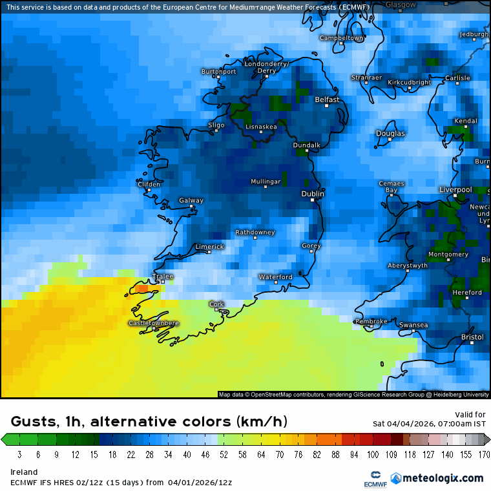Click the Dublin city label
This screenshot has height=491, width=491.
[x=313, y=194]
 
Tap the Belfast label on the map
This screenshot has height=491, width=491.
[x=327, y=100]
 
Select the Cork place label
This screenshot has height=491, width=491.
[x=216, y=304]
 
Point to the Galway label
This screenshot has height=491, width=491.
[x=191, y=200]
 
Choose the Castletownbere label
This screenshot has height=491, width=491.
[x=154, y=323]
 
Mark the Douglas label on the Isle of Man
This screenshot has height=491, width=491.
[x=391, y=134]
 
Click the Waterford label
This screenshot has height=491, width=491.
[x=276, y=277]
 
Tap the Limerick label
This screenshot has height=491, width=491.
[x=209, y=247]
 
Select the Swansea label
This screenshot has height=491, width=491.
[x=413, y=325]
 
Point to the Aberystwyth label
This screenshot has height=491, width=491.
[x=408, y=266]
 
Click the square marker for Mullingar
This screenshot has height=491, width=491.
[x=265, y=187]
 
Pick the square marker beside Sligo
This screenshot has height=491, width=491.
[x=216, y=131]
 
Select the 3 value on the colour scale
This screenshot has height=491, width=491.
[x=19, y=454]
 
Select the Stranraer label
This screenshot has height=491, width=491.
[x=366, y=78]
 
